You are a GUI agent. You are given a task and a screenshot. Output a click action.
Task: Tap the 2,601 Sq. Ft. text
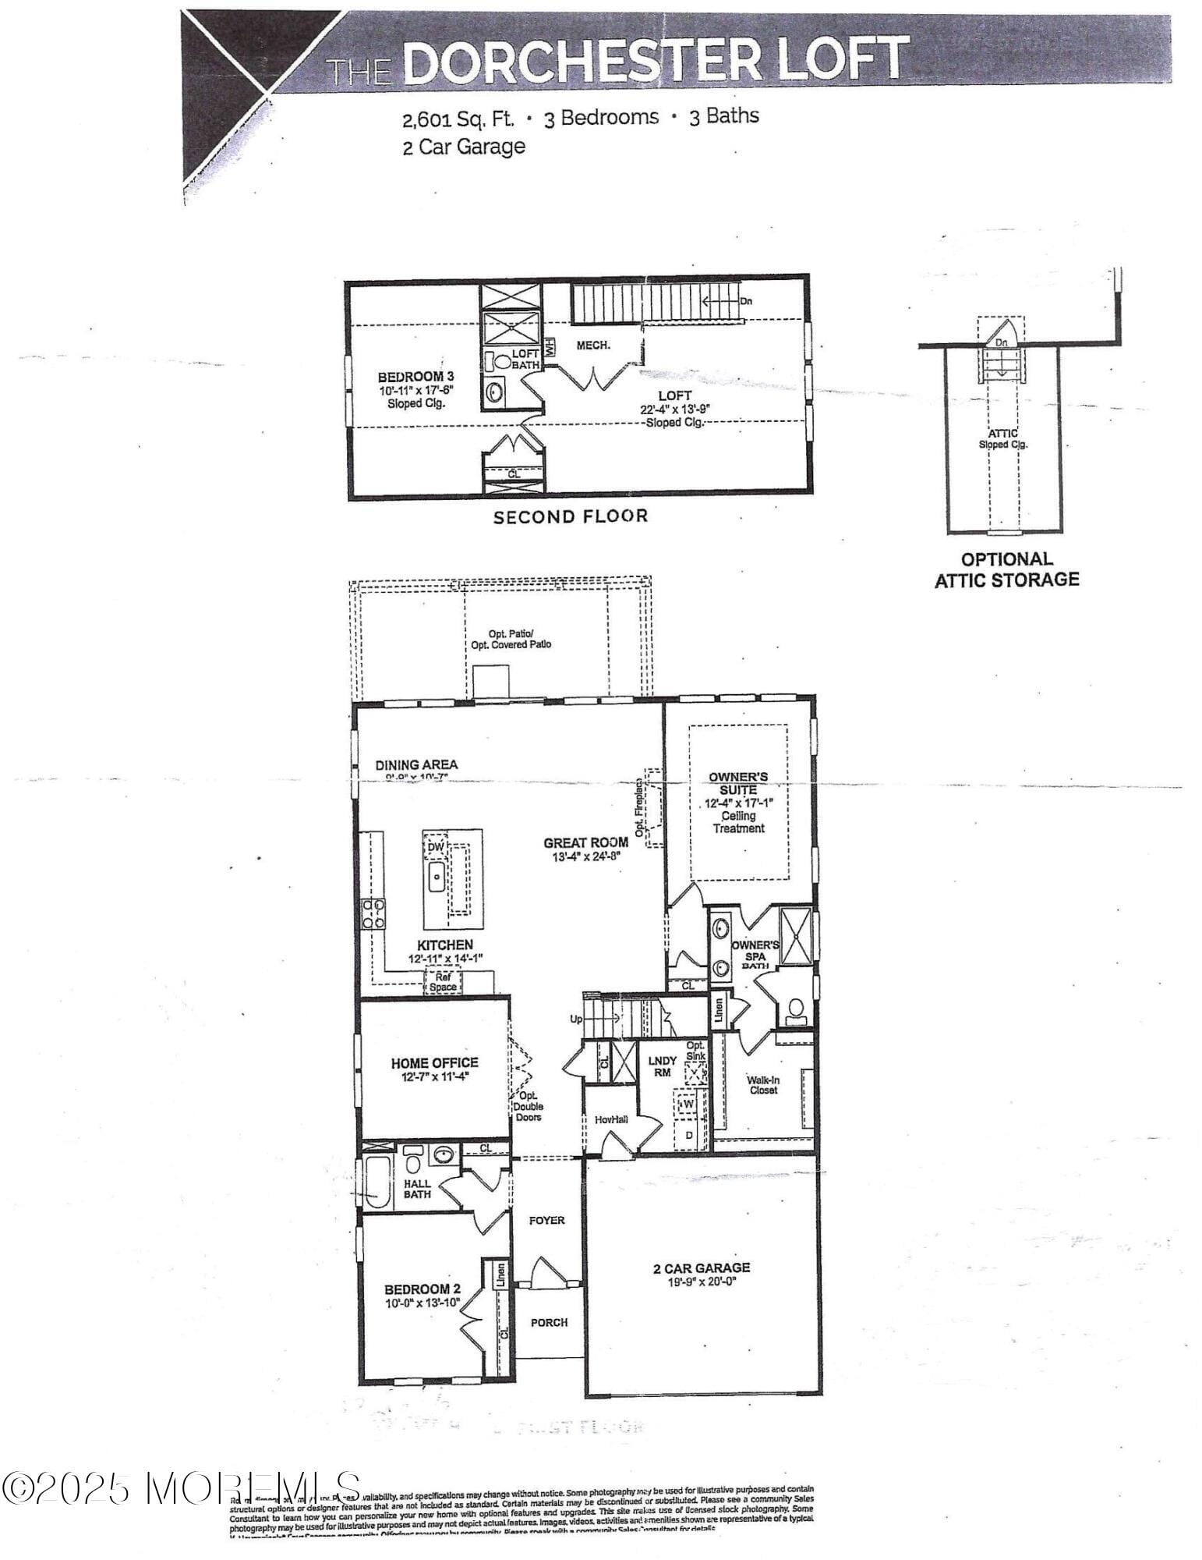[458, 119]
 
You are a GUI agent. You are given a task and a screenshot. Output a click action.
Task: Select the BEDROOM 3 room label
[416, 377]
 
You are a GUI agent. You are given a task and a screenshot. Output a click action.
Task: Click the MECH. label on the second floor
[592, 345]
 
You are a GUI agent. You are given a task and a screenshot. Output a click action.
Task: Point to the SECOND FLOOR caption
[570, 516]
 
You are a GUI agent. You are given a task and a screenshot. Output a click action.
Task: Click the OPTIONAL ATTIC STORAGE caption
[1006, 569]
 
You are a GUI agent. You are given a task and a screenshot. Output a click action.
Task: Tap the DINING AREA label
[416, 764]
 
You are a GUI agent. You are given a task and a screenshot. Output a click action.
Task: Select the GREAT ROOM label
[586, 842]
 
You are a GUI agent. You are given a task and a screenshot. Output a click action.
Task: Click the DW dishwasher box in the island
[436, 846]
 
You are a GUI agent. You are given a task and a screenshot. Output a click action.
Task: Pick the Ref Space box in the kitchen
[443, 982]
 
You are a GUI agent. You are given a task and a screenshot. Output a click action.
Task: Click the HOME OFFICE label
[434, 1062]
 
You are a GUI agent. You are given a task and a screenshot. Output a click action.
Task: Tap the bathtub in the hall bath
[377, 1182]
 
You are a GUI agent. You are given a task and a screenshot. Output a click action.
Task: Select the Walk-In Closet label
[762, 1085]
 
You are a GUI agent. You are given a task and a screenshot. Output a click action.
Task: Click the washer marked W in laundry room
[687, 1104]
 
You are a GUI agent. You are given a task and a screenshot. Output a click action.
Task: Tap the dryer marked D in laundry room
[688, 1136]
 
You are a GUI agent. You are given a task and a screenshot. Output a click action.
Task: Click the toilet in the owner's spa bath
[796, 1011]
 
